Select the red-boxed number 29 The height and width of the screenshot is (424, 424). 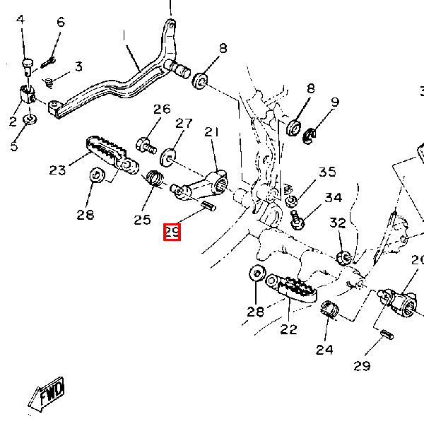pyautogui.click(x=172, y=231)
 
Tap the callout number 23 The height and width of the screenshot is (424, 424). pyautogui.click(x=58, y=170)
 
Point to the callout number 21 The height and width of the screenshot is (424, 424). pyautogui.click(x=213, y=132)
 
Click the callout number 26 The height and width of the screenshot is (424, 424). pyautogui.click(x=163, y=109)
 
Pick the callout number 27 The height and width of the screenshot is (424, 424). pyautogui.click(x=184, y=123)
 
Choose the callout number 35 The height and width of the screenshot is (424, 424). pyautogui.click(x=327, y=172)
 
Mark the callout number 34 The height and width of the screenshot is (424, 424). pyautogui.click(x=334, y=198)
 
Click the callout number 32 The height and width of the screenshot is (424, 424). pyautogui.click(x=338, y=223)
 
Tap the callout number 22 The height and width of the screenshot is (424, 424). pyautogui.click(x=288, y=329)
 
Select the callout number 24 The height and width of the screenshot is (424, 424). pyautogui.click(x=324, y=349)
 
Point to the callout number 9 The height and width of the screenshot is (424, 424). pyautogui.click(x=334, y=102)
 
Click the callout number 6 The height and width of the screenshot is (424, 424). pyautogui.click(x=60, y=22)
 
